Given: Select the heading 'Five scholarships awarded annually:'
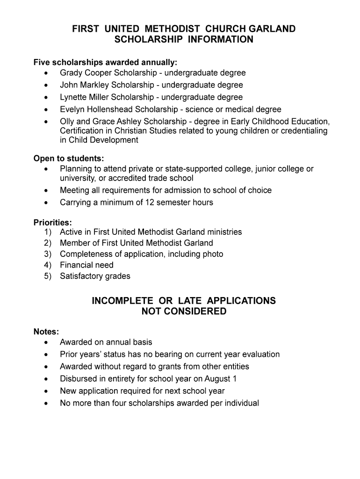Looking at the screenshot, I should (105, 62).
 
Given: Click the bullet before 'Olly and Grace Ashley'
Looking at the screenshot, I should (46, 122).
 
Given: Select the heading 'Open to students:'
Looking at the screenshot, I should (69, 159).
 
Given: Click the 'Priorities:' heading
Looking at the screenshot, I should (52, 223).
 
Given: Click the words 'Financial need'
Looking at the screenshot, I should (86, 265).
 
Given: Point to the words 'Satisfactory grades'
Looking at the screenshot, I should (95, 276).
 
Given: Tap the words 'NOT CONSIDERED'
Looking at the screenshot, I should (184, 312).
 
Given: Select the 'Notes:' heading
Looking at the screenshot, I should (46, 332).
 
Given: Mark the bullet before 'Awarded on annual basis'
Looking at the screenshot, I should (46, 342).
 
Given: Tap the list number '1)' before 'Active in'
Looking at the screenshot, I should (48, 232).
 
